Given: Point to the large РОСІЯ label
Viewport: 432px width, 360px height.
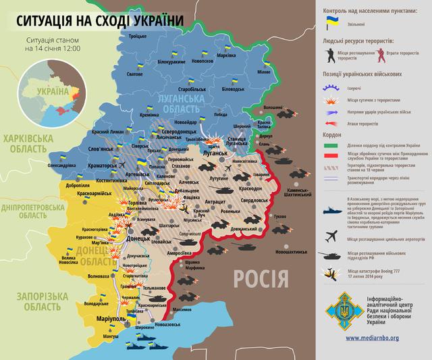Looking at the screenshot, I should (x=262, y=277).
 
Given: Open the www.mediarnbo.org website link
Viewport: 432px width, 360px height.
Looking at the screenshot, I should (x=375, y=338).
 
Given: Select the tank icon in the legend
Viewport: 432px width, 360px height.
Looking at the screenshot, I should (x=332, y=256).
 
